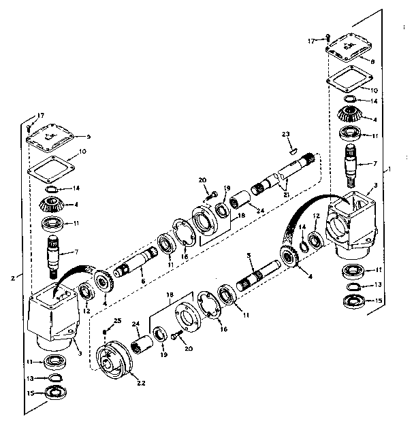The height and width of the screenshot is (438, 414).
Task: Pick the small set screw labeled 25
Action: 103,331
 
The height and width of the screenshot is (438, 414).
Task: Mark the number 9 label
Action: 88,136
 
